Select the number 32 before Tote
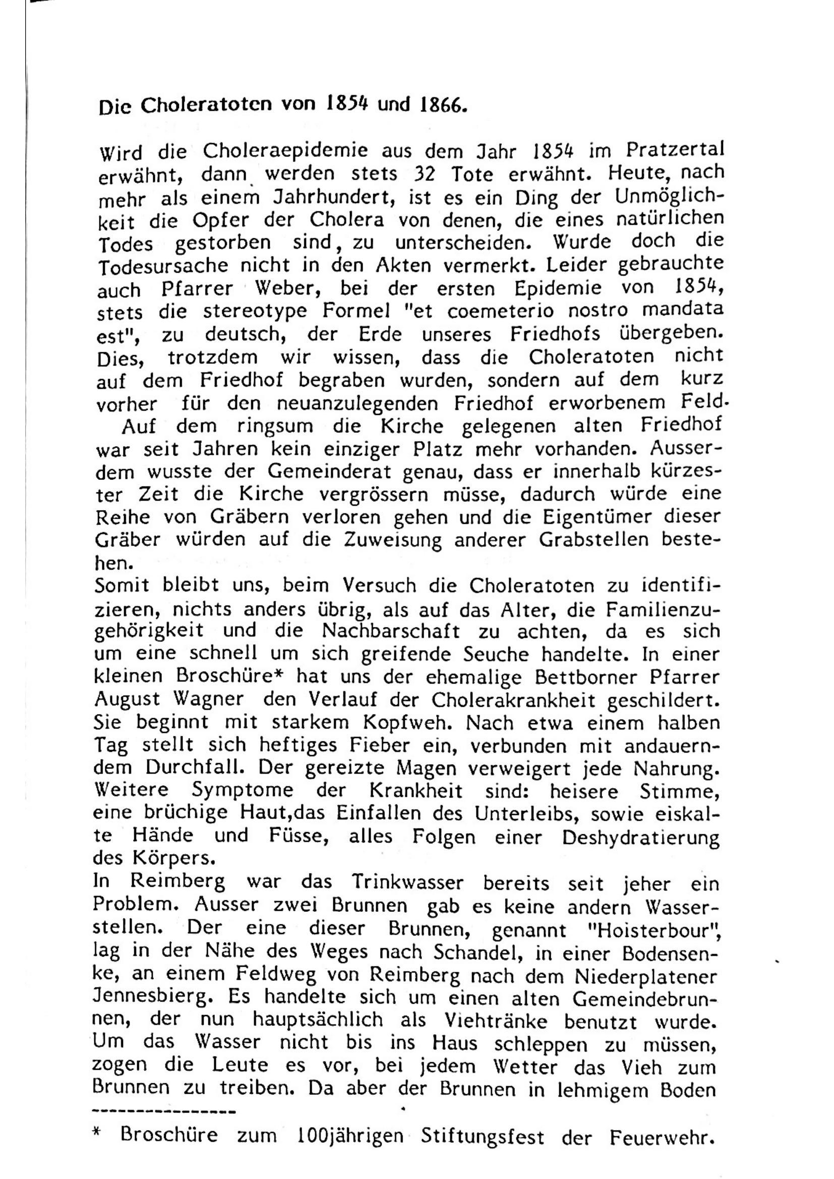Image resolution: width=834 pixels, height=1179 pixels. click(424, 174)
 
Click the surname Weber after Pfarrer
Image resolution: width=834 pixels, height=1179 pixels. click(288, 289)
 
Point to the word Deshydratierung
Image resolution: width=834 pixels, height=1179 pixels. click(640, 838)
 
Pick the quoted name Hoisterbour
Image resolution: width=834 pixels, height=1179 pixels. click(659, 929)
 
